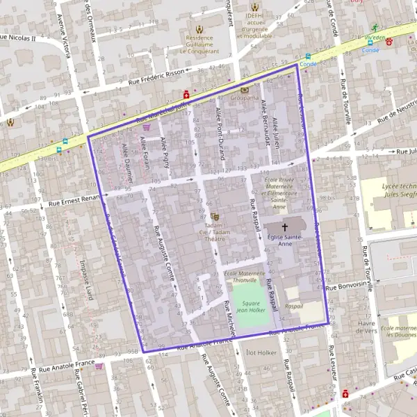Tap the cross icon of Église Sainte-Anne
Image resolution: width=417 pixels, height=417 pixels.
pyautogui.click(x=284, y=227)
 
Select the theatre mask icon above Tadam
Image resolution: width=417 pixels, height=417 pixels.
pyautogui.click(x=214, y=216)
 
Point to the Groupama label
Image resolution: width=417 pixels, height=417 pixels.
pyautogui.click(x=244, y=99)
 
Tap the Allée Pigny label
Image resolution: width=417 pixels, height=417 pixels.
pyautogui.click(x=165, y=151)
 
